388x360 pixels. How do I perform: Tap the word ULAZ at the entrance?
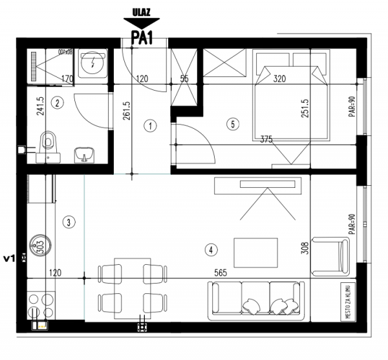point(142,12)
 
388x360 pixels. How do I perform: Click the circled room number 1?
point(149,126)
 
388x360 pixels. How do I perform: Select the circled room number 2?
point(58,102)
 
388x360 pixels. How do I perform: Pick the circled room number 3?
point(70,222)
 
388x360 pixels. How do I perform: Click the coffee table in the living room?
point(255,251)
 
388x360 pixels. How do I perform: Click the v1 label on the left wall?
point(9,257)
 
